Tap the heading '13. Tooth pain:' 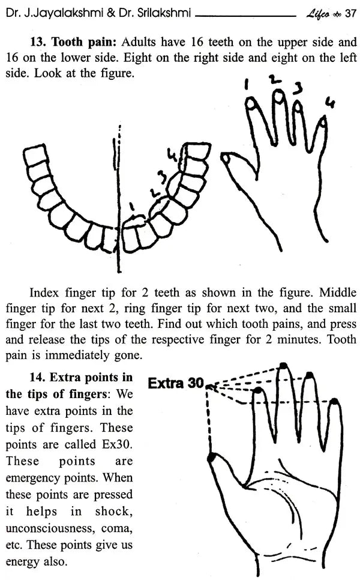(74, 43)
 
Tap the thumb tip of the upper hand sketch (227, 158)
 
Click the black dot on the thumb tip (211, 458)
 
